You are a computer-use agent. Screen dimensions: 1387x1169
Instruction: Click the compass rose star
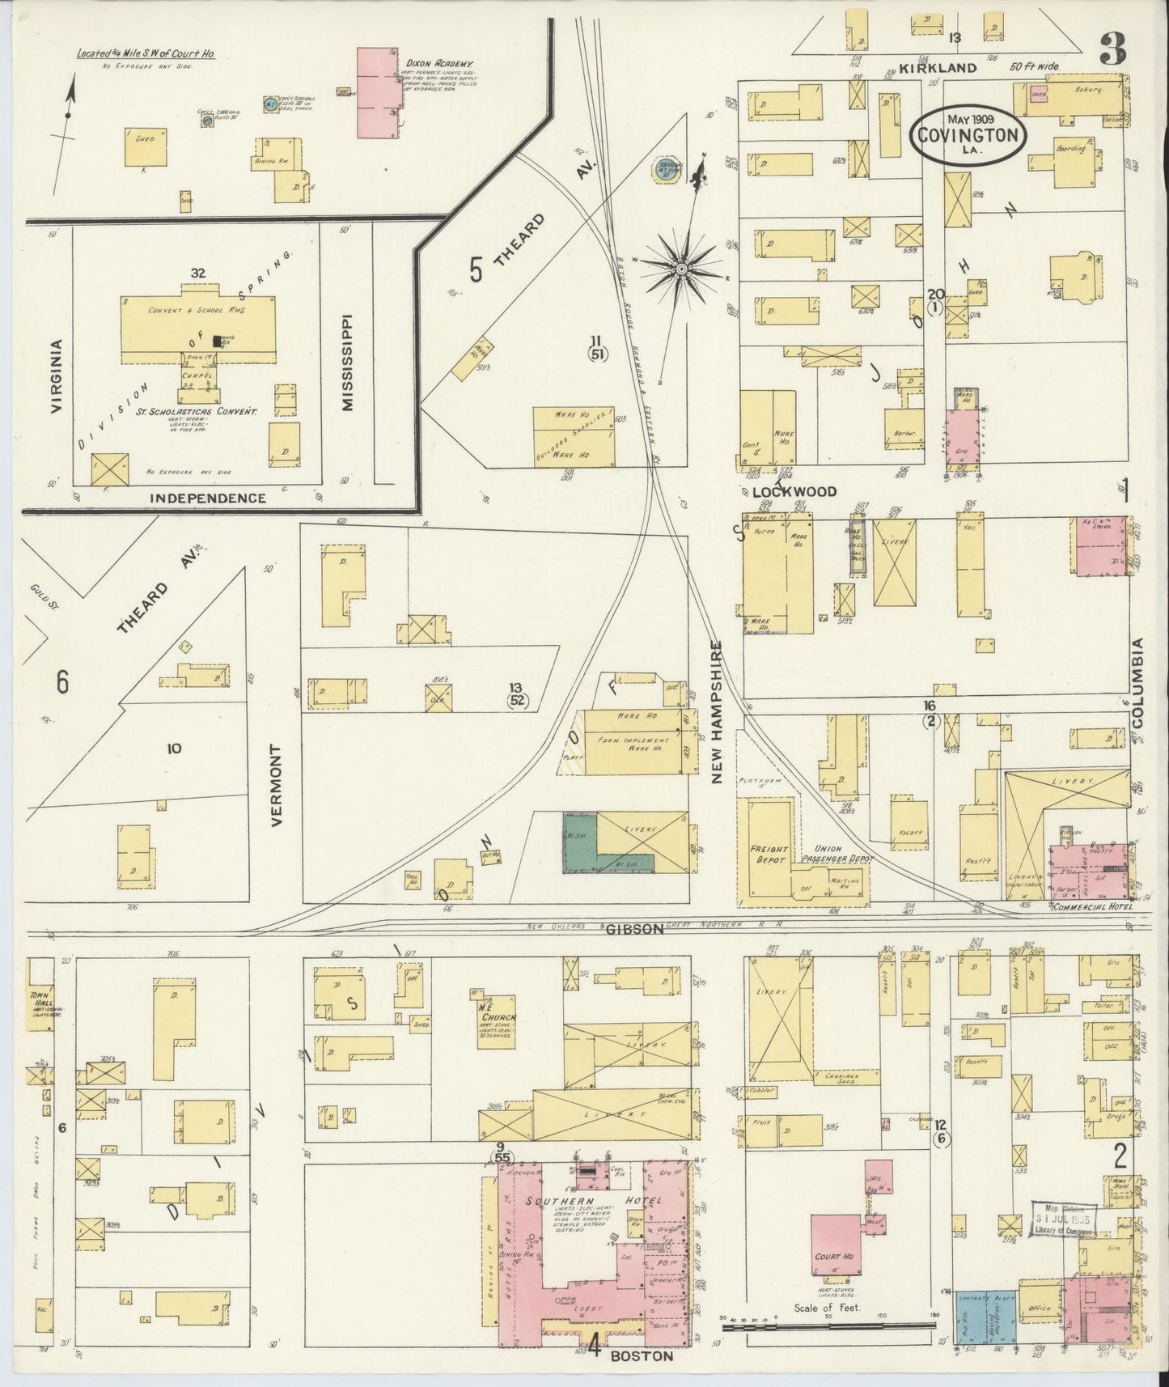tap(681, 268)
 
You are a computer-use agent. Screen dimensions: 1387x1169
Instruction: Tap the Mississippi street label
tap(348, 363)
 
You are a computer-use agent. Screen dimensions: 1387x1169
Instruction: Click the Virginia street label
tap(55, 376)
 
